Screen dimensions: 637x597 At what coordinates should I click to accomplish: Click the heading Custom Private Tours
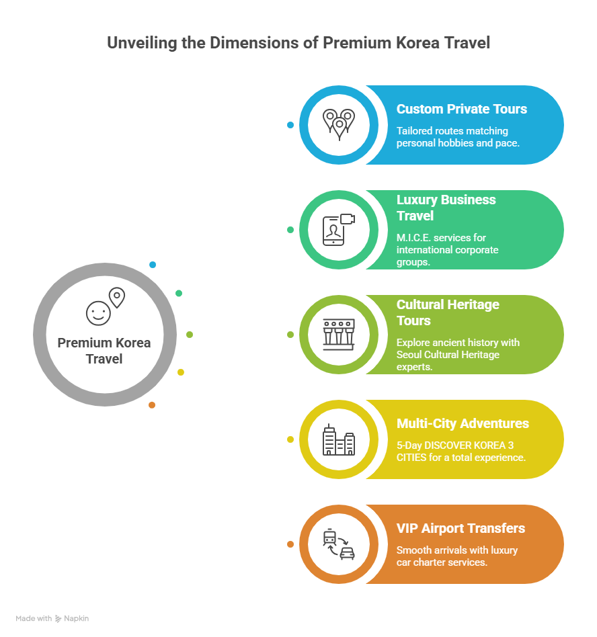click(461, 109)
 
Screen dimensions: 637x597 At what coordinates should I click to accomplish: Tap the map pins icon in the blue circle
click(338, 124)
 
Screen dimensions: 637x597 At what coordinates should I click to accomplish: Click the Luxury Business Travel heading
click(446, 208)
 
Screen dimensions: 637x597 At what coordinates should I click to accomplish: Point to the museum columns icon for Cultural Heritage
click(338, 334)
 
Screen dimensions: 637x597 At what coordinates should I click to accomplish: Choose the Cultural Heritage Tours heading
click(448, 312)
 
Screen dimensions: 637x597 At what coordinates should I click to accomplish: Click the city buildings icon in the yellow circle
click(338, 439)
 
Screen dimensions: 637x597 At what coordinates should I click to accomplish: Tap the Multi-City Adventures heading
click(463, 423)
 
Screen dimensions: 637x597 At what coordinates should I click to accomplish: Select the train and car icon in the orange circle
click(338, 544)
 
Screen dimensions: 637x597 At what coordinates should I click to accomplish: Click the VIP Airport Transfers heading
click(461, 528)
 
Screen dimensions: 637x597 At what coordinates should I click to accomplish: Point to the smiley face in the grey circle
click(97, 312)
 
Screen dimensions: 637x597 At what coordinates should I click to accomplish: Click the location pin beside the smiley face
click(117, 297)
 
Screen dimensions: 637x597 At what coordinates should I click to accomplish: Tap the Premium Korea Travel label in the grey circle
click(104, 351)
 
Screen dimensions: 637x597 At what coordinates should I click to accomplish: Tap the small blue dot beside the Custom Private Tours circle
click(290, 125)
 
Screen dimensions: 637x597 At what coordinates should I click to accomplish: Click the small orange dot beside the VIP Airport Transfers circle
click(290, 544)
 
